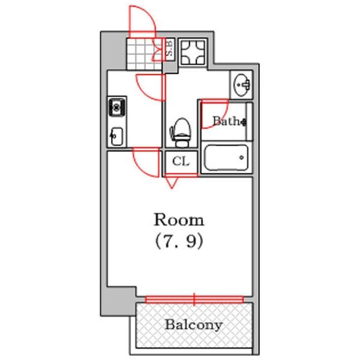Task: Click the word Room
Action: pos(179,220)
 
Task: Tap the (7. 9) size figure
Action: pos(179,242)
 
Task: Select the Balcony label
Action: pos(194,325)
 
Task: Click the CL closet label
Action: pos(181,161)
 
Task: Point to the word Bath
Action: pos(226,121)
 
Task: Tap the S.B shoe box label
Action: pos(169,49)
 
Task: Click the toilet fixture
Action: pos(181,132)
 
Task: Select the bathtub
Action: pos(226,157)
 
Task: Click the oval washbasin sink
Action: pos(242,85)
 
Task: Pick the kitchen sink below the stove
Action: pos(116,136)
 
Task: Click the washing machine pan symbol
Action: pos(193,52)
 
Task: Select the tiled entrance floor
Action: pos(144,54)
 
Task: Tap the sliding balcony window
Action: pos(194,299)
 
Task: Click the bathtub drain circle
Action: pos(242,157)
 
